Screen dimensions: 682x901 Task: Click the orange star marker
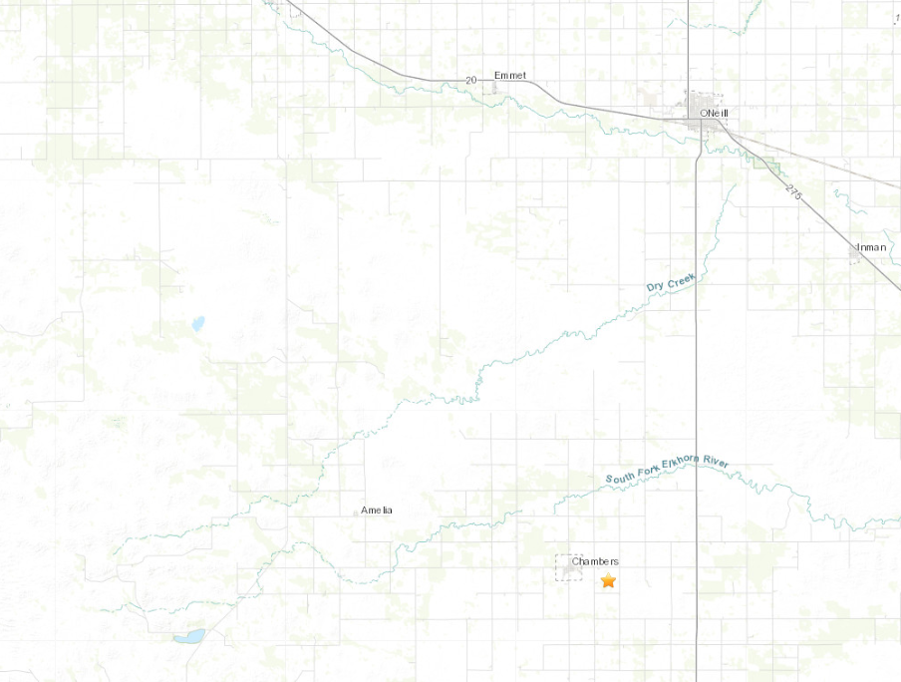(608, 581)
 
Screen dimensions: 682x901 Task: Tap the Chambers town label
(595, 561)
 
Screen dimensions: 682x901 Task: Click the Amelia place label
(377, 511)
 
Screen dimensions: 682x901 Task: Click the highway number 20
(472, 79)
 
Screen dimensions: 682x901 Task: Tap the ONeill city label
(715, 114)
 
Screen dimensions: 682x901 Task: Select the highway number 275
(793, 190)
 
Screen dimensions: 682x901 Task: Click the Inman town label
(870, 246)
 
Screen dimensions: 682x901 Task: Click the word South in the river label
(621, 478)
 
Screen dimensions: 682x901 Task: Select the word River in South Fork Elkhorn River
(720, 463)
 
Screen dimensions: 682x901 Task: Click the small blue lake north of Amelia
(197, 323)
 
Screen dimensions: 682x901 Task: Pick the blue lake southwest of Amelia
(189, 636)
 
